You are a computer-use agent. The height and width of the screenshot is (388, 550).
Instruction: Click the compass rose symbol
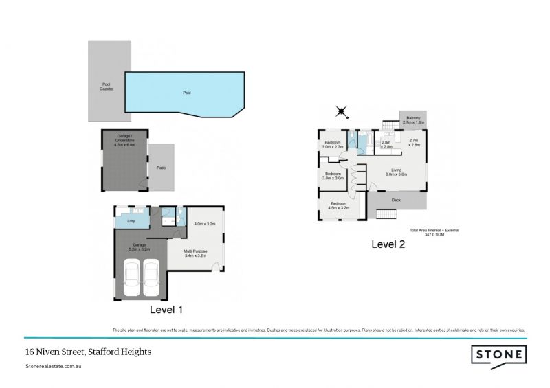point(341,111)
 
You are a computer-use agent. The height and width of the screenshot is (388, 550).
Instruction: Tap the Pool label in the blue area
point(186,93)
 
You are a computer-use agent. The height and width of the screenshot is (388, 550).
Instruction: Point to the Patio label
point(161,168)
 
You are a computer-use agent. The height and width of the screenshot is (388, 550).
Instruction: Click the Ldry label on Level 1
point(131,221)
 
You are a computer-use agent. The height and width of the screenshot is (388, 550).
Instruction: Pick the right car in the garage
point(151,279)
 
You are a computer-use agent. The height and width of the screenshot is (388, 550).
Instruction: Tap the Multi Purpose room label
point(196,253)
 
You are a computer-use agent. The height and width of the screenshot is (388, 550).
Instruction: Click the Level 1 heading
point(165,310)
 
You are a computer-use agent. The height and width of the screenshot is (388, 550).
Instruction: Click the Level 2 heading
point(388,244)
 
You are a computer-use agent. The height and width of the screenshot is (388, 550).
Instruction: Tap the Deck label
point(396,201)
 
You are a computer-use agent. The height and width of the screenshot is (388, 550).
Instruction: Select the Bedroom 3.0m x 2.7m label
point(333,145)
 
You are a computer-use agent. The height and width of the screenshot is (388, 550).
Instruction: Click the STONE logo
point(499,355)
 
